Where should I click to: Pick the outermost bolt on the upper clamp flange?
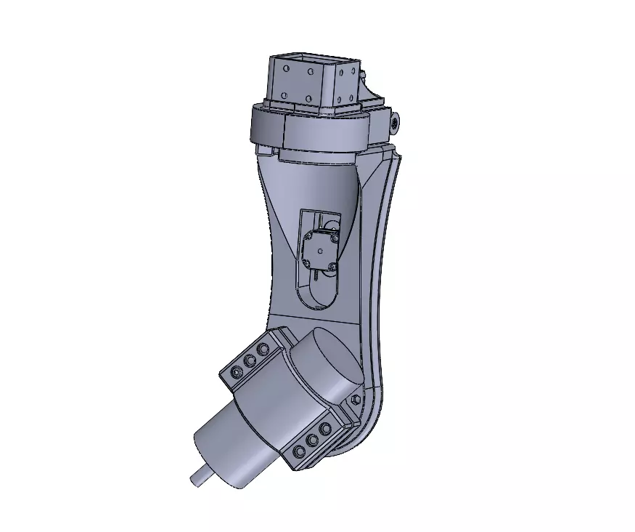click(236, 372)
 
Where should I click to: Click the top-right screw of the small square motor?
click(335, 235)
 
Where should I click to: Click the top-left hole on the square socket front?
click(287, 69)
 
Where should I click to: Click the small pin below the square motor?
click(318, 275)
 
